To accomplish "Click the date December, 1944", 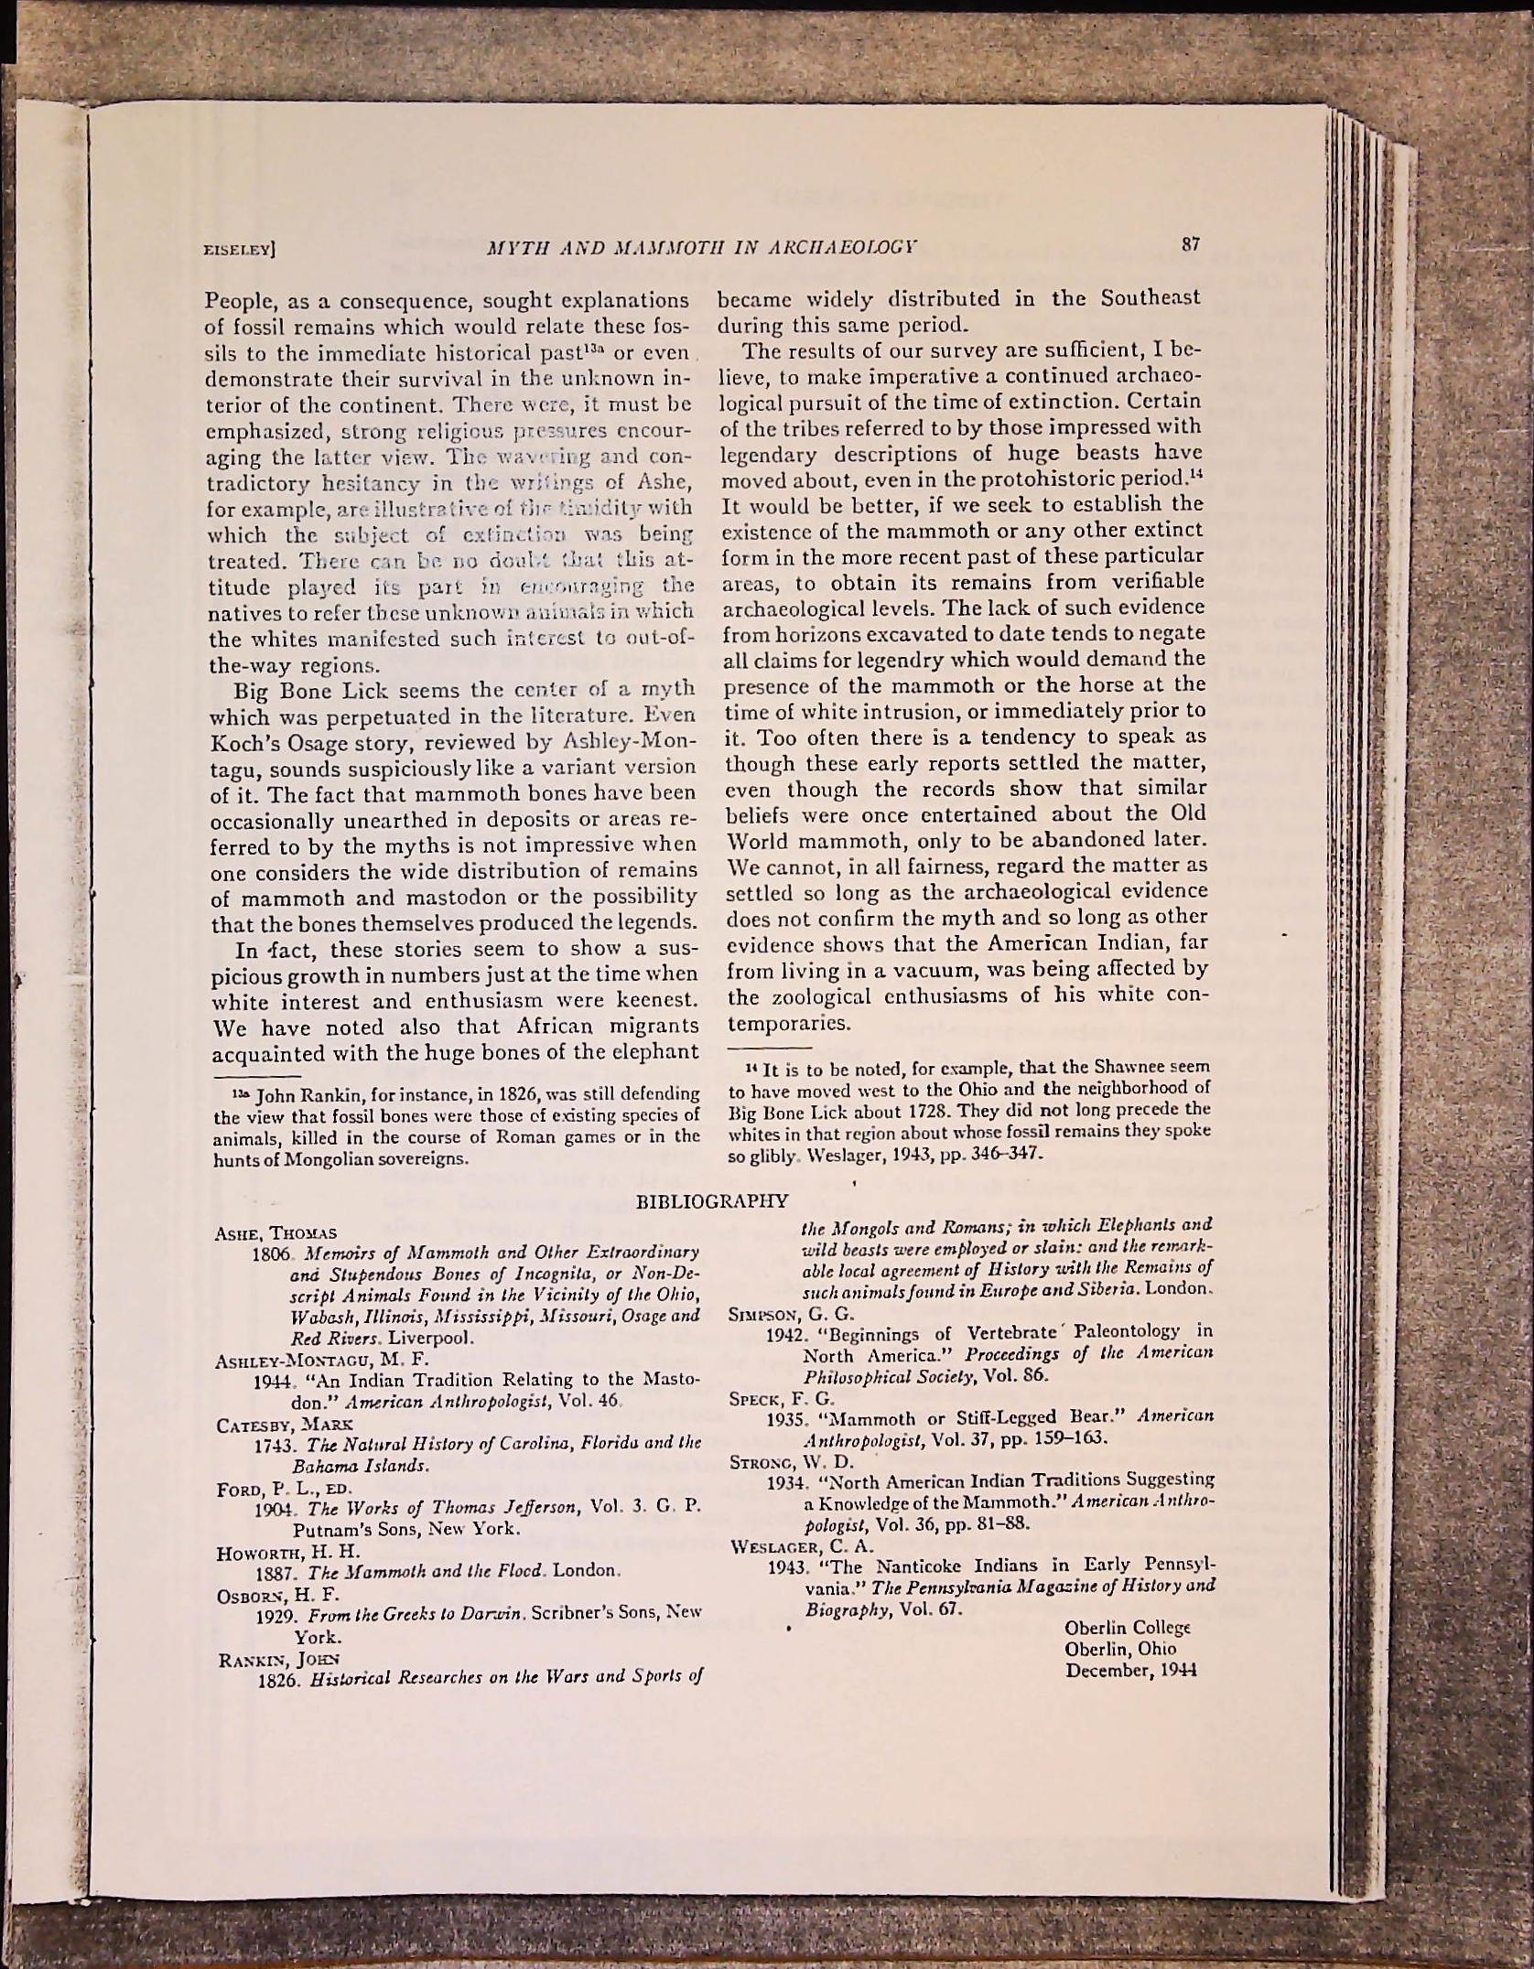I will [1130, 1671].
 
